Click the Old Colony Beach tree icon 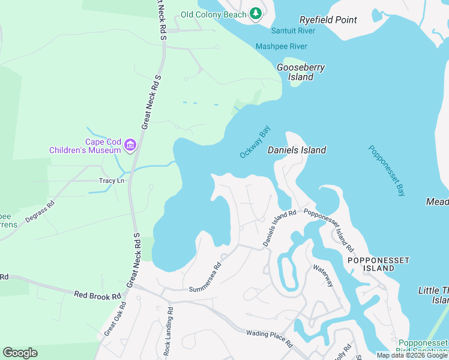point(256,13)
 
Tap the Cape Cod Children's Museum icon point(130,145)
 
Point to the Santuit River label point(294,31)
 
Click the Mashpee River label point(281,46)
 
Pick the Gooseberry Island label point(301,72)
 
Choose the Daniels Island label point(297,150)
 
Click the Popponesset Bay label point(387,171)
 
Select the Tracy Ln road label point(112,181)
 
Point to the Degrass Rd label point(40,212)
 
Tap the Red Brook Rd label point(98,295)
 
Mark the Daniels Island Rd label point(280,228)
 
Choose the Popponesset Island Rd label point(328,230)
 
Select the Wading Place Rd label point(269,339)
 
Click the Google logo point(20,353)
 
